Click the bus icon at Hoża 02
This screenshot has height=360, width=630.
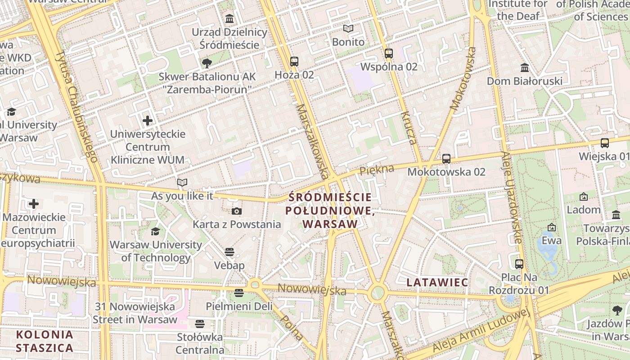coord(294,61)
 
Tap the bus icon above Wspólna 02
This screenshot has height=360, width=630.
coord(389,54)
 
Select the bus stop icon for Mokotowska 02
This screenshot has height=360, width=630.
coord(446,158)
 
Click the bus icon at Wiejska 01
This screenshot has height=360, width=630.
coord(605,143)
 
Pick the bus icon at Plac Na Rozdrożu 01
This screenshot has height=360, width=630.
coord(519,264)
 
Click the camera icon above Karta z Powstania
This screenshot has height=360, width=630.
coord(237,211)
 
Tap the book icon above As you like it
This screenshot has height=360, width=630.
coord(182,182)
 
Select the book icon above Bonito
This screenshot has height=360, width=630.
coord(348,28)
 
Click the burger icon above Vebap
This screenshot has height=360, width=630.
coord(229,252)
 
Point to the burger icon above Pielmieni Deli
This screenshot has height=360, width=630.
coord(239,293)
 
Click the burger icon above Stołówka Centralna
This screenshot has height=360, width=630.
coord(200,324)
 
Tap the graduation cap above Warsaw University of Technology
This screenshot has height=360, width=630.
coord(155,231)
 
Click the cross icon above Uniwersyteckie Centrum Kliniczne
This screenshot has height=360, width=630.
coord(148,120)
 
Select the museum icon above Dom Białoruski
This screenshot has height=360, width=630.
coord(525,67)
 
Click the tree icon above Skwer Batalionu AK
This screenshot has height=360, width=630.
coord(207,63)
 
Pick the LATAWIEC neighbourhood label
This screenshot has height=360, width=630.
coord(437,282)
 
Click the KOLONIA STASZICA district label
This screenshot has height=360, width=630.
coord(44,341)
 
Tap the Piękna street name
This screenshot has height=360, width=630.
coord(377,170)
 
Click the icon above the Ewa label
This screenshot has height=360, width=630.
coord(551,227)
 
